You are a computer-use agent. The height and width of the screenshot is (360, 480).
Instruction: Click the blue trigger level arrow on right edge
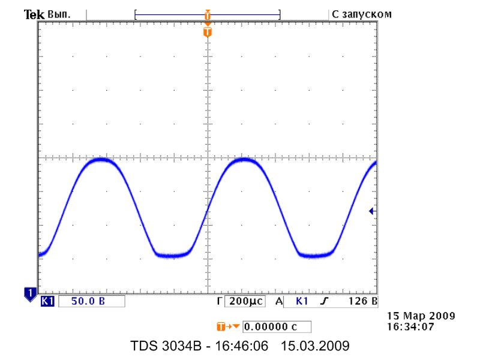point(372,211)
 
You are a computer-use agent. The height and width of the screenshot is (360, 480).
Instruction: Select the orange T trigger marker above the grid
point(208,31)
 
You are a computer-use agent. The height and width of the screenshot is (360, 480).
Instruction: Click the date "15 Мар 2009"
point(421,316)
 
